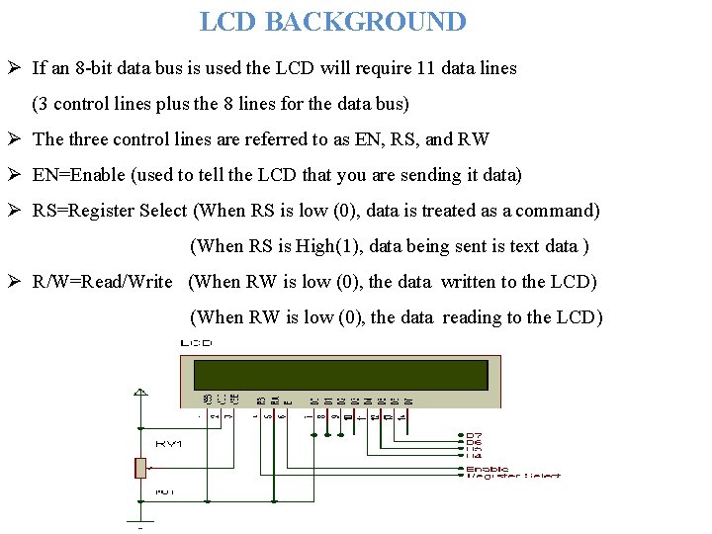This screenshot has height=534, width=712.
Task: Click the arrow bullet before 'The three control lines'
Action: click(x=15, y=139)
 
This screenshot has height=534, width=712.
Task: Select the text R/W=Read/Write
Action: click(x=103, y=282)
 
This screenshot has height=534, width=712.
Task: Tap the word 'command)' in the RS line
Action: click(x=562, y=211)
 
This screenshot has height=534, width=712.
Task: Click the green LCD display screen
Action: click(x=341, y=375)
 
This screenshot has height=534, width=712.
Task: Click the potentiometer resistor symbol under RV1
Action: click(x=141, y=468)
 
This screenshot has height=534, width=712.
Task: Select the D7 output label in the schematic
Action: click(x=475, y=435)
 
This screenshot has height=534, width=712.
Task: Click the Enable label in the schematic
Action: click(x=487, y=468)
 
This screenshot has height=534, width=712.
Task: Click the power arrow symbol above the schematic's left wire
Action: click(x=141, y=391)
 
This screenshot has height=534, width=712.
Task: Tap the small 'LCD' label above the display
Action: click(x=195, y=342)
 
